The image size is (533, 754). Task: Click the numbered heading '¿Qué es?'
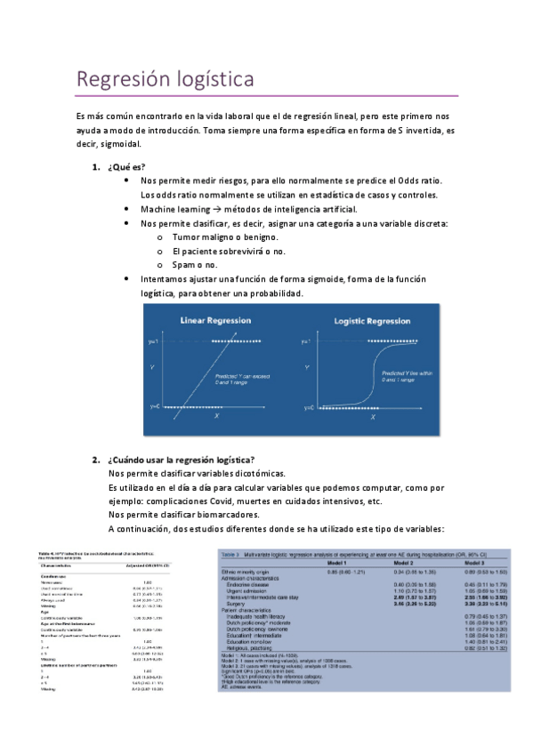126,167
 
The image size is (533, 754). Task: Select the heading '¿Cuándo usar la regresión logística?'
180,459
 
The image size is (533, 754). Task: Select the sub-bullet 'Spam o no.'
195,265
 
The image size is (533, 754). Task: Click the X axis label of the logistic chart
372,416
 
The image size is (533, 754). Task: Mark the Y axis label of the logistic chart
306,366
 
